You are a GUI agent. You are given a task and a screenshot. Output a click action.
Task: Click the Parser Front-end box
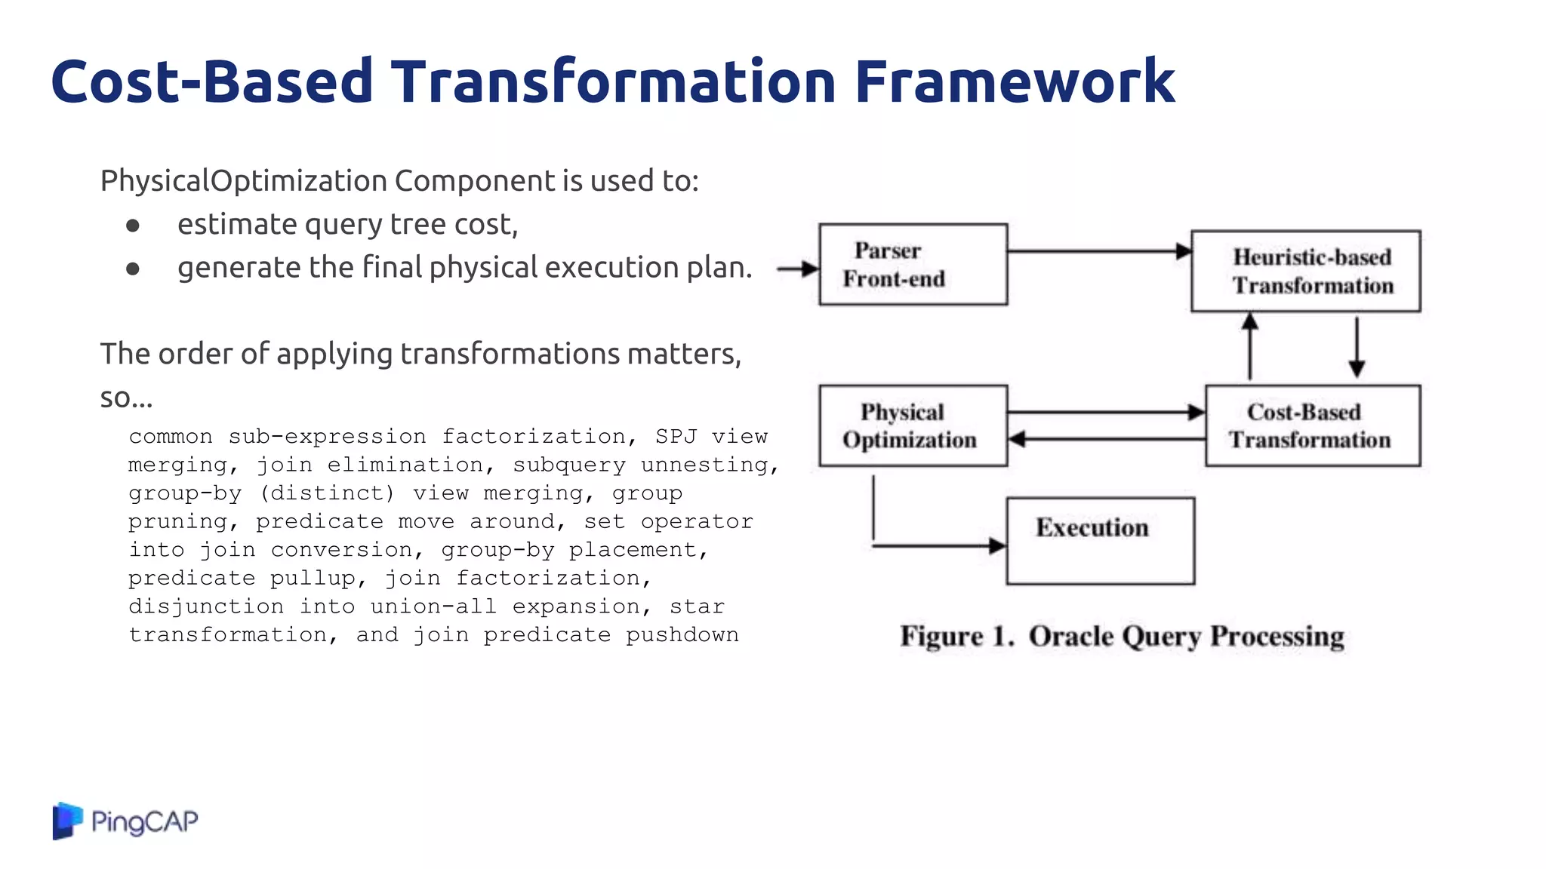point(913,264)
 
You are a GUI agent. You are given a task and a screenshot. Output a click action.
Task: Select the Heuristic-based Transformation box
point(1305,271)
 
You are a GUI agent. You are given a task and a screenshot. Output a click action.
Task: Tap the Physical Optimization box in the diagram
point(913,425)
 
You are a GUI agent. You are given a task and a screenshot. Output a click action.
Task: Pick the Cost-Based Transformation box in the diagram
point(1312,425)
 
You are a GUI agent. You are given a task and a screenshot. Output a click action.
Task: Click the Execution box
point(1100,540)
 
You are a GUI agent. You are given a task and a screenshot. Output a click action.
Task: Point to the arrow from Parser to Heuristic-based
point(1098,251)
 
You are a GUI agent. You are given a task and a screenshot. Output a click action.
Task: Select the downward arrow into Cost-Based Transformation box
point(1357,347)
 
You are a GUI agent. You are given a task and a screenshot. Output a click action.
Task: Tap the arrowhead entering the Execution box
point(997,545)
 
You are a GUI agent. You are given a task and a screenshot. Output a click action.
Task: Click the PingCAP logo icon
point(67,821)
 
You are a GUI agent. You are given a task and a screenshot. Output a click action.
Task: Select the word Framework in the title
point(1014,81)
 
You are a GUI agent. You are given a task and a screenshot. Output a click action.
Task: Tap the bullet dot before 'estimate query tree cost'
point(133,226)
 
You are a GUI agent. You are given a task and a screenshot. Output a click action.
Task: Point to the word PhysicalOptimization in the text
point(244,181)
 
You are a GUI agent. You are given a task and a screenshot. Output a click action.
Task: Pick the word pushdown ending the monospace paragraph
point(682,634)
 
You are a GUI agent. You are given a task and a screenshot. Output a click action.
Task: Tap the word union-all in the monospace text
point(433,606)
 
